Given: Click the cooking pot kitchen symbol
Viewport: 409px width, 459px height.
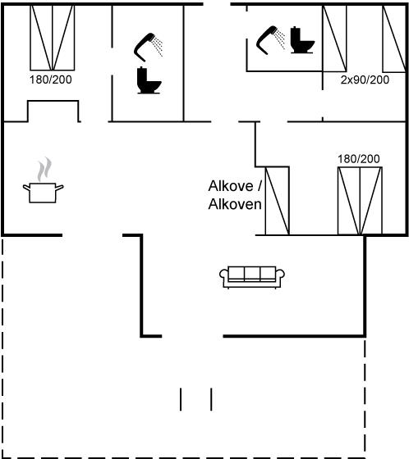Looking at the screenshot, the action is tap(44, 192).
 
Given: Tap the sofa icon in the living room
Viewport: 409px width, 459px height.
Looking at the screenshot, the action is tap(252, 277).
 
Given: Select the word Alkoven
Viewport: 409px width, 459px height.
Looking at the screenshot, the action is tap(235, 204).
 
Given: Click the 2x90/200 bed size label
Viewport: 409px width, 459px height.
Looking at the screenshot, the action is tap(365, 80).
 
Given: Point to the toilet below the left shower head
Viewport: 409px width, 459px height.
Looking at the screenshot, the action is tap(149, 80).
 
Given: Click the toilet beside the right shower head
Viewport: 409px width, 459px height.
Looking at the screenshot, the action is tap(302, 40).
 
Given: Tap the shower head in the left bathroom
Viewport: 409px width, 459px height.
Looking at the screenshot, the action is tap(149, 47).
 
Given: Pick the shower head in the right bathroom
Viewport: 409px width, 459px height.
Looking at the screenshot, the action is tap(270, 40).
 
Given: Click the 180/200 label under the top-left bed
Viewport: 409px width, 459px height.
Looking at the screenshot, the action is tap(50, 80).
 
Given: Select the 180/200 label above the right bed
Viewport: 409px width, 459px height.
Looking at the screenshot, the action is tap(359, 159).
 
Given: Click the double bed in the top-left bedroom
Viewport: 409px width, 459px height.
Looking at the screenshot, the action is tap(53, 38).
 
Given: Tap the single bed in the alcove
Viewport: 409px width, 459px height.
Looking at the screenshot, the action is tap(278, 201).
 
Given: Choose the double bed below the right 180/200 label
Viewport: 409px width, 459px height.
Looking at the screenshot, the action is tap(360, 201).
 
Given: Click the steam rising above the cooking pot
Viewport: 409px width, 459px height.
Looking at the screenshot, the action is tap(44, 169).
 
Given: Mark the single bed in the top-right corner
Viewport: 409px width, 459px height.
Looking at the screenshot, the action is tap(394, 39).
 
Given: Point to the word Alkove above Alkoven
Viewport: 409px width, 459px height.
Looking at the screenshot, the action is tap(231, 186).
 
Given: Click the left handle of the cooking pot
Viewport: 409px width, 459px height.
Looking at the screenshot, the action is tap(26, 188).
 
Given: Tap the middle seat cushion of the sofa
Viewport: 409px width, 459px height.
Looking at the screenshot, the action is tap(252, 274).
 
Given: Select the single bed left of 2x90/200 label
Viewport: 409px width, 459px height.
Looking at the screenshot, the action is tap(334, 39).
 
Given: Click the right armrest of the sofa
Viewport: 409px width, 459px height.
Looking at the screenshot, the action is tap(280, 277).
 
